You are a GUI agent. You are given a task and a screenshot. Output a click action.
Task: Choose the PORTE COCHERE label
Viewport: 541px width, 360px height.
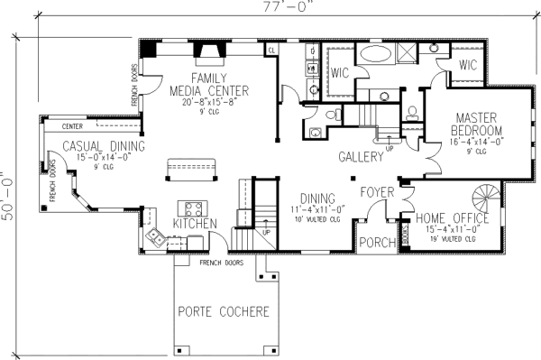coord(223,312)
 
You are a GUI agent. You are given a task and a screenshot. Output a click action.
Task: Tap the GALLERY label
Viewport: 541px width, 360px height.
coord(361,156)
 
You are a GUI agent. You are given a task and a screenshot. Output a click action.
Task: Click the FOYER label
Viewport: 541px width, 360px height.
coord(377,192)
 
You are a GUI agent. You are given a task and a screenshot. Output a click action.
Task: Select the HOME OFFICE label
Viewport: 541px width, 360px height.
coord(453,217)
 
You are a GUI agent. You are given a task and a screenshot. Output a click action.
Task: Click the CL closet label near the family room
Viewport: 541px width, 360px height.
coord(270,51)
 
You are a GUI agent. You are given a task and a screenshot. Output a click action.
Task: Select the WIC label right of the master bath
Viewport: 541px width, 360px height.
coord(467,65)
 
